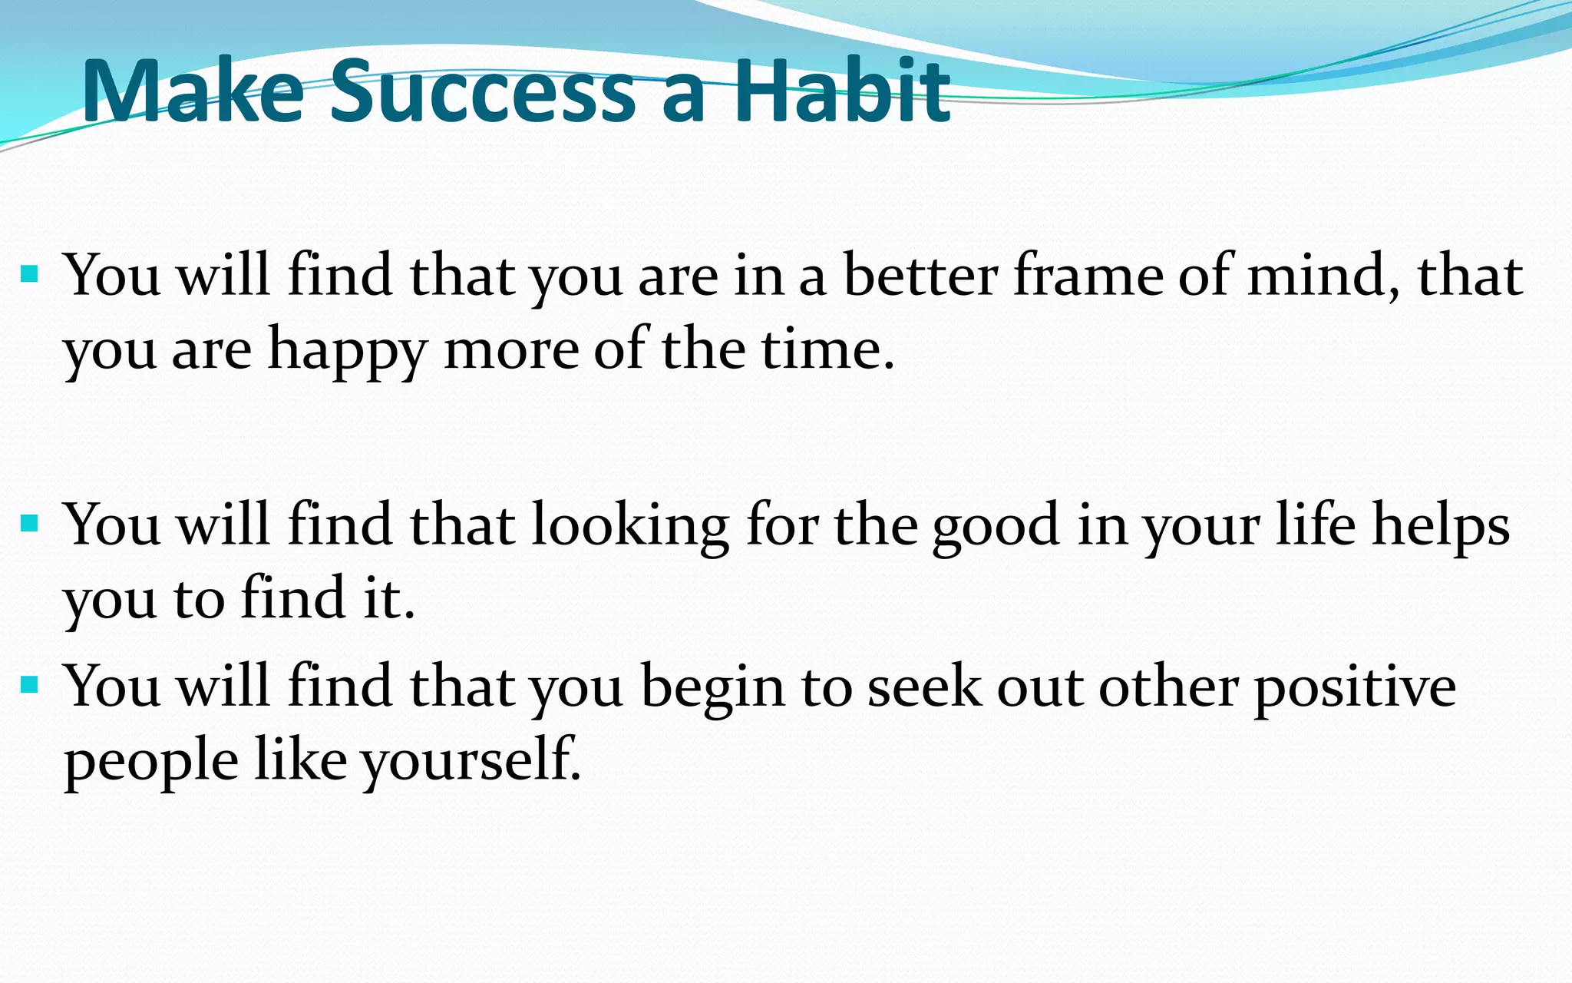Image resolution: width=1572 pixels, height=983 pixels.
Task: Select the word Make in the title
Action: tap(193, 92)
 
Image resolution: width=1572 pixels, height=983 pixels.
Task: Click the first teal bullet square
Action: tap(30, 273)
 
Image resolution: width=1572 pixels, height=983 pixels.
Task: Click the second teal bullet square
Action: tap(30, 524)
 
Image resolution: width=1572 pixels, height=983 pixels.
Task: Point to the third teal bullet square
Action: tap(30, 684)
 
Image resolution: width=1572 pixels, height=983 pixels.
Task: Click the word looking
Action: tap(629, 527)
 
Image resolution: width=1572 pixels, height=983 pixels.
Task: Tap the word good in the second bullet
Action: tap(995, 527)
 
